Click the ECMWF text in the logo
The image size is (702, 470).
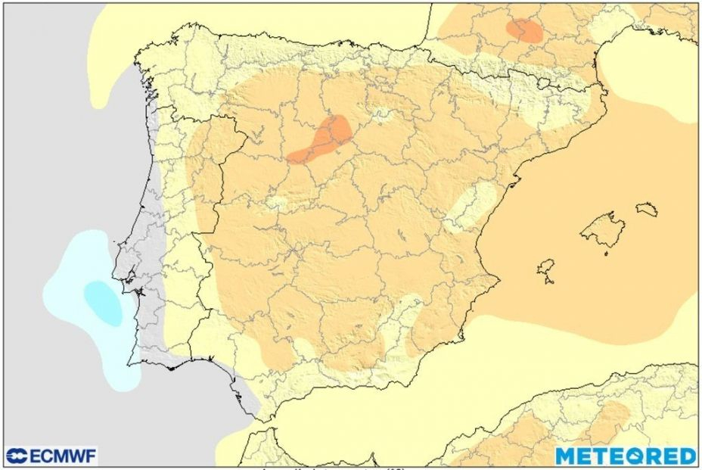pos(63,456)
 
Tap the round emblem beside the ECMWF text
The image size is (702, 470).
pos(17,456)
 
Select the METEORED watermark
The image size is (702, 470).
pos(626,456)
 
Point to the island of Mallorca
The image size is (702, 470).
pos(603,230)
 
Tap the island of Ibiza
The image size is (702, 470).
pos(546,267)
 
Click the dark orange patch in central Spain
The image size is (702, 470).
pos(321,140)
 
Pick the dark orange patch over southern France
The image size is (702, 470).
pos(524,30)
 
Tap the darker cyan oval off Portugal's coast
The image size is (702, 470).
pos(102,302)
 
